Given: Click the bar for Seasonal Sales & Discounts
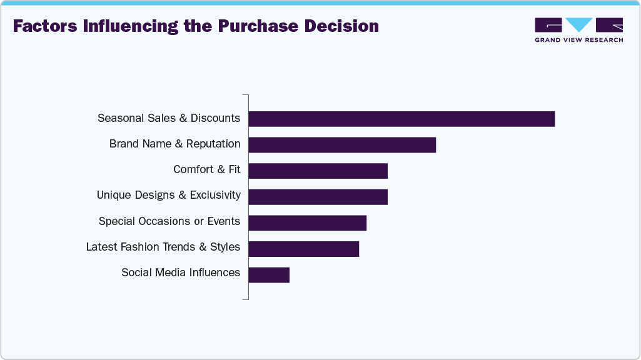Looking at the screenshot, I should pyautogui.click(x=401, y=119).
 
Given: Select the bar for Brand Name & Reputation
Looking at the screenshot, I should pyautogui.click(x=342, y=144).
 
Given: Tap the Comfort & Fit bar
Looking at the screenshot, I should pyautogui.click(x=318, y=171).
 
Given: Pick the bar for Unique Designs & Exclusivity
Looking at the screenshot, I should pyautogui.click(x=318, y=196).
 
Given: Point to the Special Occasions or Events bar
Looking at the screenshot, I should pyautogui.click(x=308, y=222).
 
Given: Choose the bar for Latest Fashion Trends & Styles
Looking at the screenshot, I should pyautogui.click(x=304, y=248).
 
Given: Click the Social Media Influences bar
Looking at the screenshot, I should pyautogui.click(x=269, y=274).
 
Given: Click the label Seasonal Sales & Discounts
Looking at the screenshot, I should pyautogui.click(x=169, y=118).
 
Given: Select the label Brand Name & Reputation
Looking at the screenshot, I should pyautogui.click(x=174, y=144).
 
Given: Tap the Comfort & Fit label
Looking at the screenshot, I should pyautogui.click(x=207, y=169).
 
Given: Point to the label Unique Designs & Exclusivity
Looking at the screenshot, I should pyautogui.click(x=168, y=195).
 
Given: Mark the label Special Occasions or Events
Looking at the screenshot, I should pyautogui.click(x=169, y=221).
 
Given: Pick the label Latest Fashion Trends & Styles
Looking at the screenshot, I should pyautogui.click(x=163, y=247).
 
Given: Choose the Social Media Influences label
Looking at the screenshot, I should pyautogui.click(x=181, y=272).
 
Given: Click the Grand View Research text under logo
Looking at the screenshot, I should pyautogui.click(x=578, y=40).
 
